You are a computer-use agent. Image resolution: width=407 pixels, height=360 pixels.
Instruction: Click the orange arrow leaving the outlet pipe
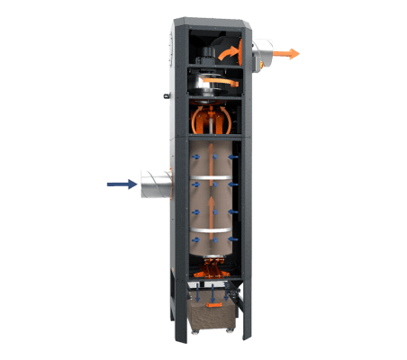pyautogui.click(x=287, y=54)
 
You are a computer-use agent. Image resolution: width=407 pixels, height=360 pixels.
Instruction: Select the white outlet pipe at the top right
pyautogui.click(x=266, y=54)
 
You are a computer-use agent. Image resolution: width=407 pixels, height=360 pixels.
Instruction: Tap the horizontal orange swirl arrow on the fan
pyautogui.click(x=216, y=83)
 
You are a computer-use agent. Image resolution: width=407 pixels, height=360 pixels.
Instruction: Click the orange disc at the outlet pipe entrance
pyautogui.click(x=256, y=54)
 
